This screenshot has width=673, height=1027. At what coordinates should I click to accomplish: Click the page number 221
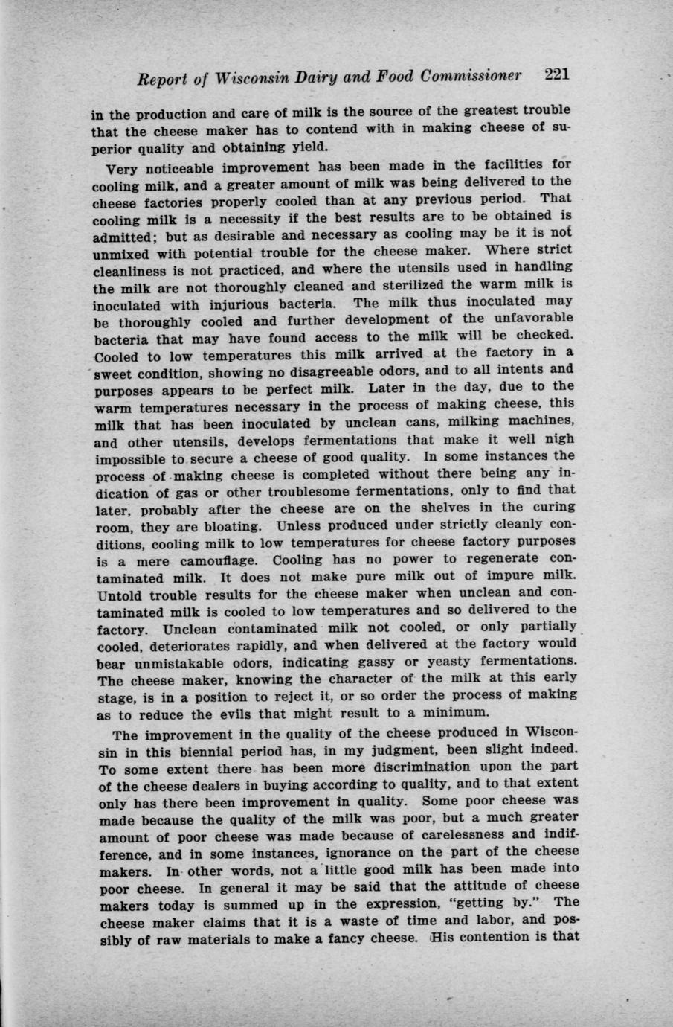click(556, 75)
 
